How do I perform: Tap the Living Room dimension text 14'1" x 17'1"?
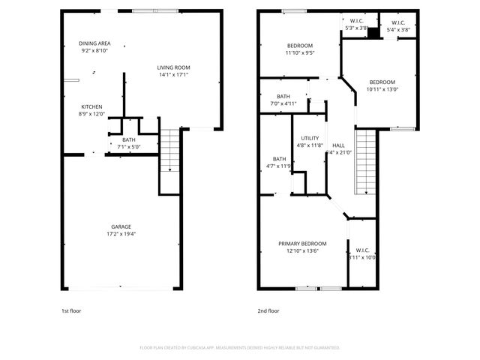(172, 75)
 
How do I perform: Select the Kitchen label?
(91, 106)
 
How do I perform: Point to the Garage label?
(121, 226)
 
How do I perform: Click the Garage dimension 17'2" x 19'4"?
(121, 234)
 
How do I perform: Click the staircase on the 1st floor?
(170, 150)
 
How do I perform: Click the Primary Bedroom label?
(302, 244)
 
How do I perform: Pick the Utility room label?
(310, 138)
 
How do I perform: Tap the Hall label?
(338, 145)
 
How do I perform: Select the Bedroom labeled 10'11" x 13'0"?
(381, 82)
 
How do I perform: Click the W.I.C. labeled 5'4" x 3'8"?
(399, 23)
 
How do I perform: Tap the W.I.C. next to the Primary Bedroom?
(362, 250)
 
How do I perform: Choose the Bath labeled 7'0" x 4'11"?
(283, 97)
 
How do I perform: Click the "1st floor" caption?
(72, 310)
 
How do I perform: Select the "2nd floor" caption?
(268, 310)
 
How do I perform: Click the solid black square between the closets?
(372, 34)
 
